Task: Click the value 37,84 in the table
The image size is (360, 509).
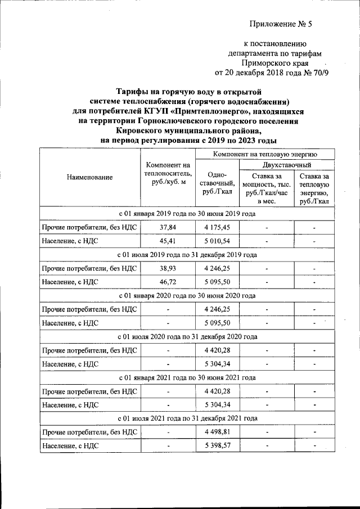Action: point(168,228)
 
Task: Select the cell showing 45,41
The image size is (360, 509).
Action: point(168,241)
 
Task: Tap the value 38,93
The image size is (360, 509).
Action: point(168,268)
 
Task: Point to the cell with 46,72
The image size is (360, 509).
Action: point(168,282)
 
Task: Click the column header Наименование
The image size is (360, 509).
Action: point(89,177)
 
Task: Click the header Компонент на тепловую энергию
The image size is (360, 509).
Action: point(265,153)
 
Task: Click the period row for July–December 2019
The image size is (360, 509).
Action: point(187,255)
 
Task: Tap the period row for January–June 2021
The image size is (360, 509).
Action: point(187,377)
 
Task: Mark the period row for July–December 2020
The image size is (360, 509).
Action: point(187,337)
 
